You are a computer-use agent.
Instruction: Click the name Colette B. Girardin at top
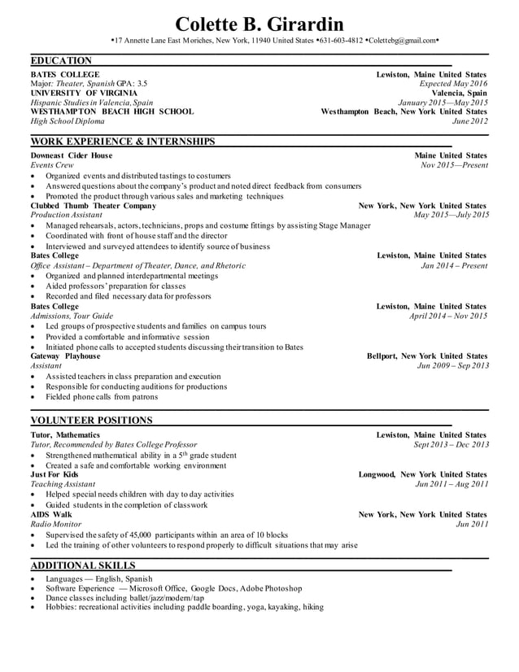click(259, 23)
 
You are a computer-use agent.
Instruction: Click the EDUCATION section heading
click(61, 61)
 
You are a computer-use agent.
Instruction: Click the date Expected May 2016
click(453, 84)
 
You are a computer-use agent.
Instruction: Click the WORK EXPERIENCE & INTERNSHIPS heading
click(122, 142)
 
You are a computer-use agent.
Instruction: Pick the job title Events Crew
click(52, 165)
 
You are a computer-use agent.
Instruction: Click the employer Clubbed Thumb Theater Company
click(93, 206)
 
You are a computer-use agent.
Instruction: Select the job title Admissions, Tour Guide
click(72, 316)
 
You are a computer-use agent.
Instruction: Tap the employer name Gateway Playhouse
click(65, 356)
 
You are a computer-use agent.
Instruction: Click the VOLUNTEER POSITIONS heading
click(91, 421)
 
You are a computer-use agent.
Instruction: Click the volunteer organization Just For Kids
click(55, 474)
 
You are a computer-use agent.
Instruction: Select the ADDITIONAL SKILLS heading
click(83, 565)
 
